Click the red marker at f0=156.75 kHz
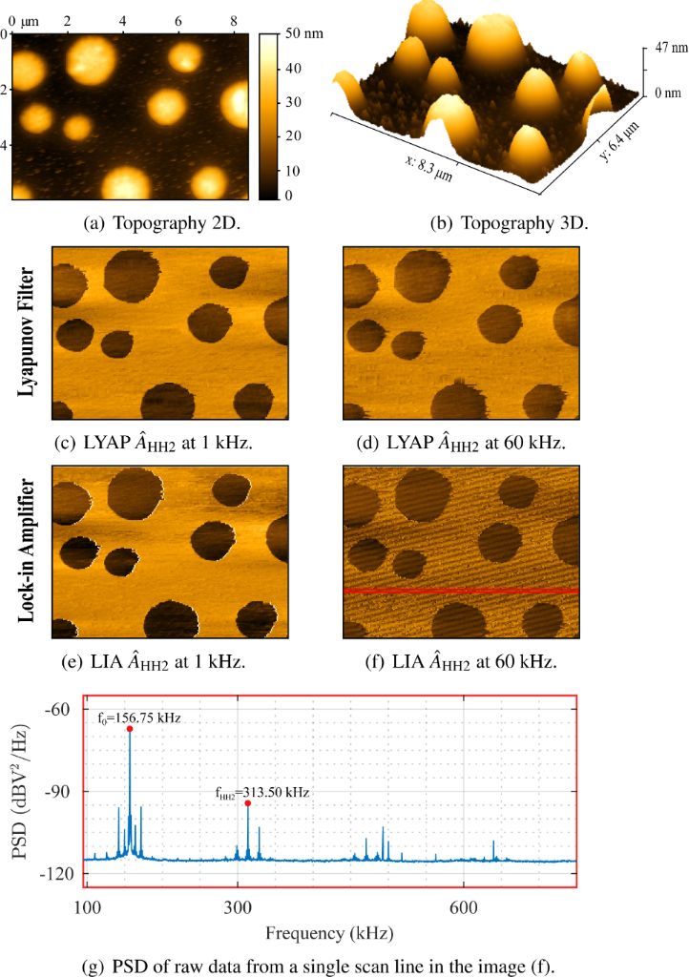[130, 729]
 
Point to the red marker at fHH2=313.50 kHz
[248, 803]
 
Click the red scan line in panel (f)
[460, 592]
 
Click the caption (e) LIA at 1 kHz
[163, 658]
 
